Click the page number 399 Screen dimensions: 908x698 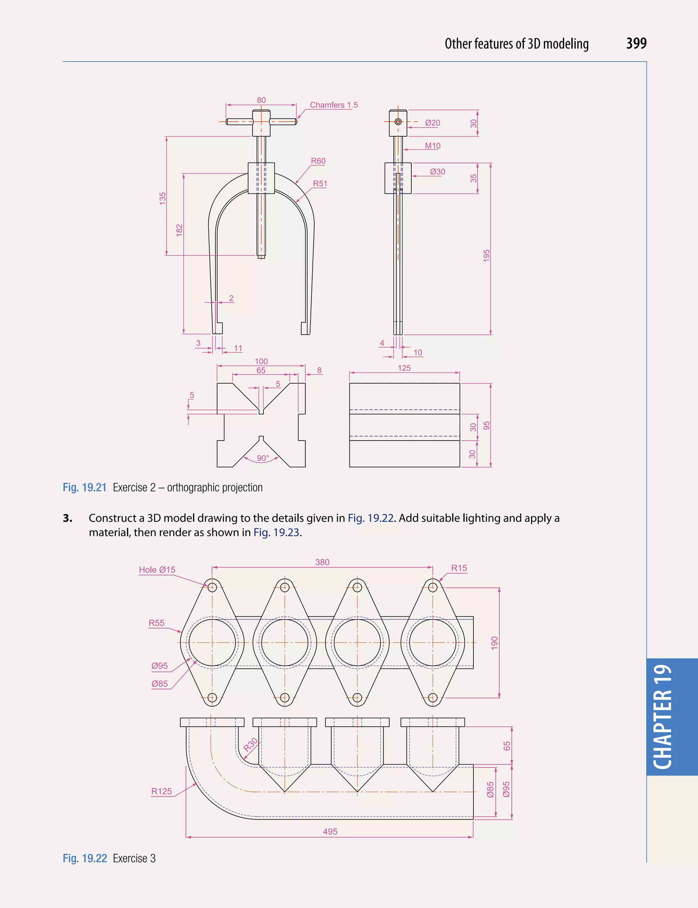coord(636,43)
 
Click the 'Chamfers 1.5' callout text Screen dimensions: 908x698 coord(334,105)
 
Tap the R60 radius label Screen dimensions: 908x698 coord(318,161)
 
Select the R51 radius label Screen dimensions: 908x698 coord(320,183)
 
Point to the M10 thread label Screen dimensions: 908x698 coord(433,146)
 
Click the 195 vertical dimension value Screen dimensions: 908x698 coord(487,255)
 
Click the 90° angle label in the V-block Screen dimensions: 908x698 coord(262,458)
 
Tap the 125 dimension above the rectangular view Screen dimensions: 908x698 coord(404,368)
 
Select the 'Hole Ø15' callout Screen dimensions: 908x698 coord(157,570)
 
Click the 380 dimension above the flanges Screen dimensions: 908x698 coord(322,562)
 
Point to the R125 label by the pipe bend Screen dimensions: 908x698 coord(161,791)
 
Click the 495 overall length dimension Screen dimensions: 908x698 coord(330,832)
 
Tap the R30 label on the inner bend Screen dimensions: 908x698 coord(251,745)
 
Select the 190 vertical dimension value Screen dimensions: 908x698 coord(494,643)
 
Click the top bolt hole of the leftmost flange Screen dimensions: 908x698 coord(212,587)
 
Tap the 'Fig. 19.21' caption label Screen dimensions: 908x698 coord(84,487)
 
